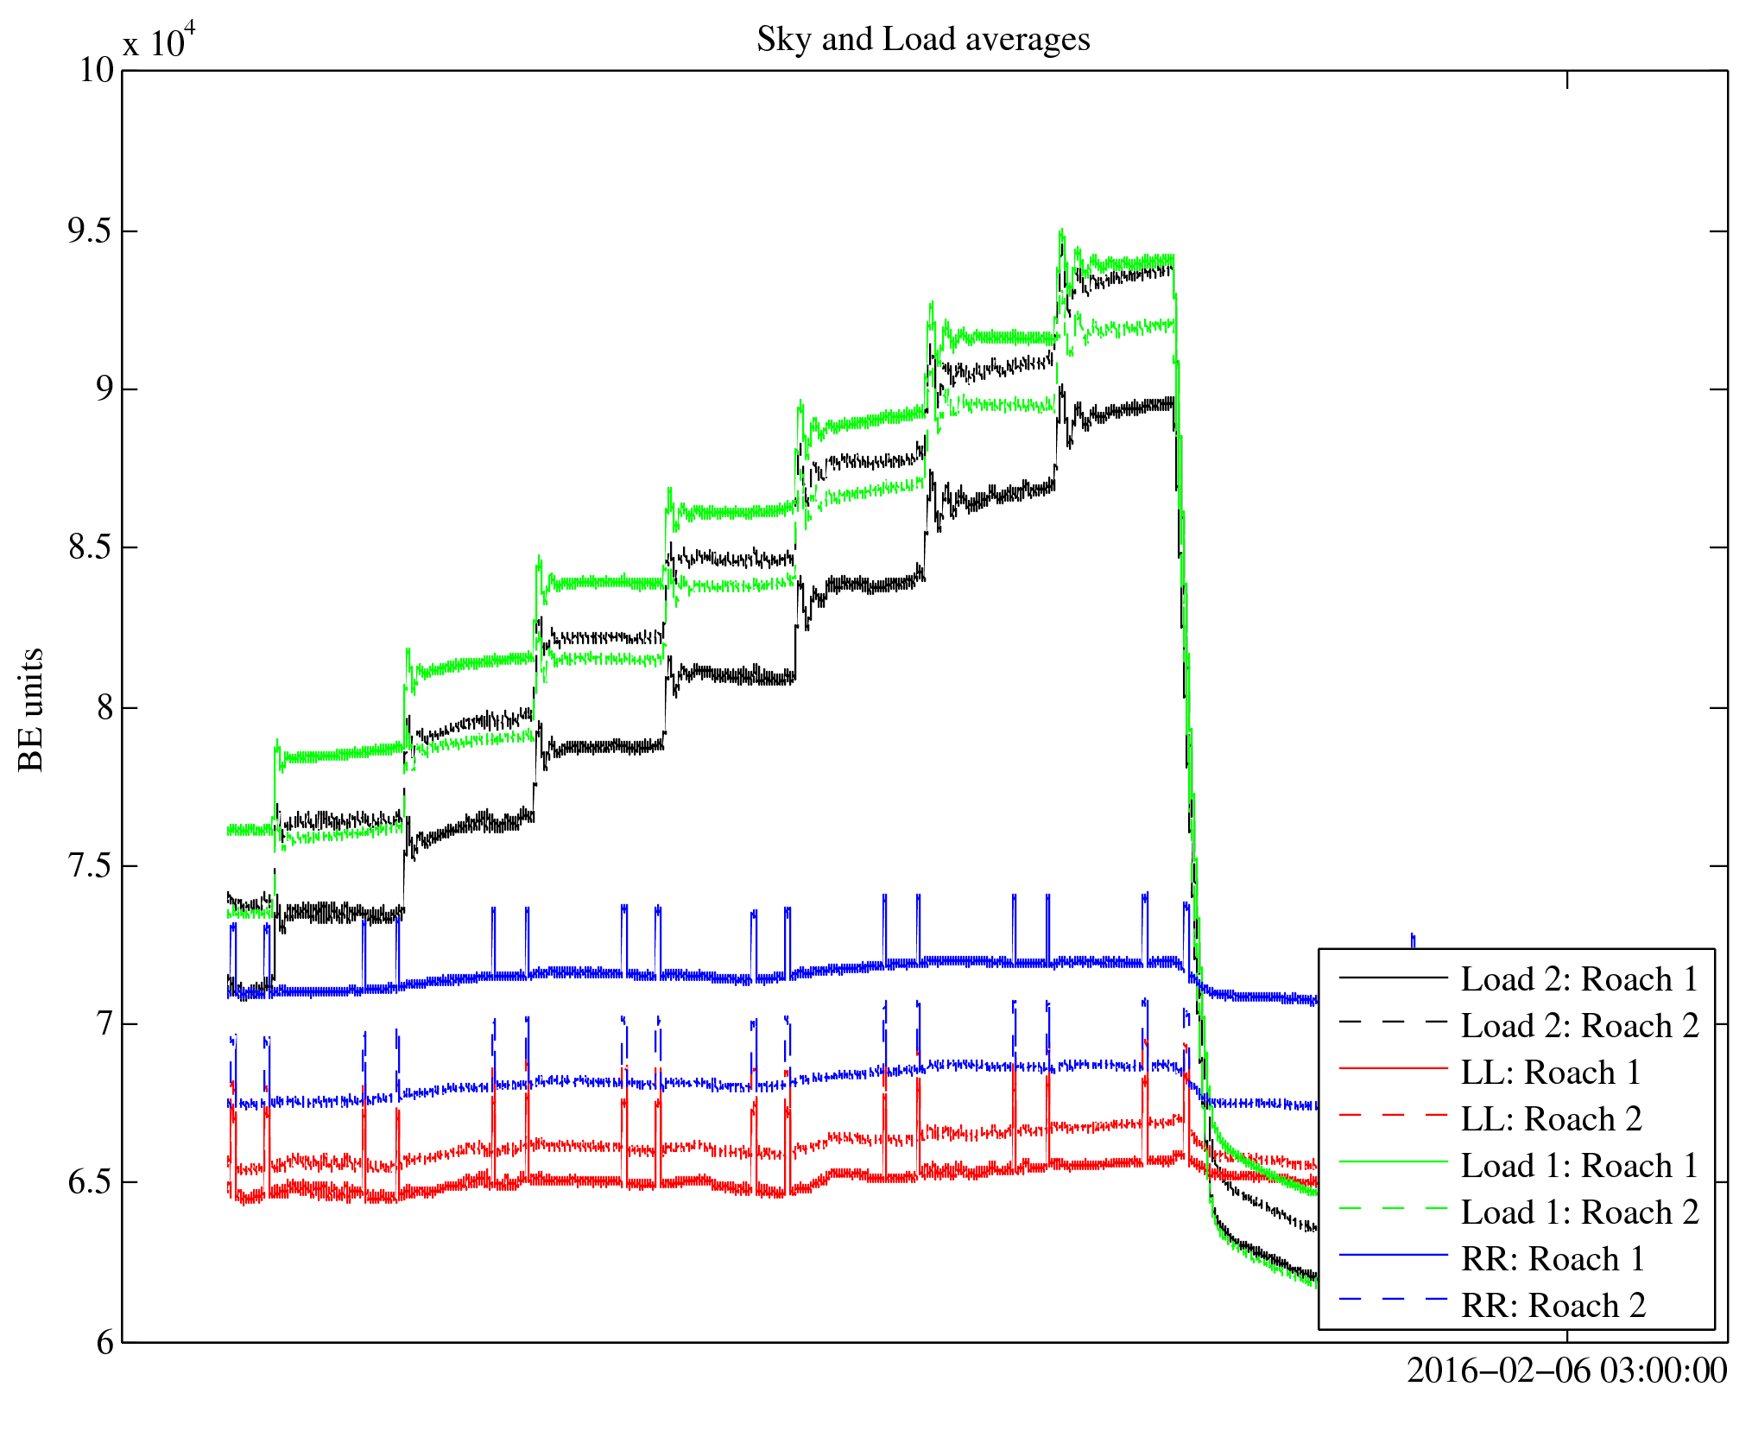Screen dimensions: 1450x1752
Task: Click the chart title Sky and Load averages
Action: click(x=923, y=40)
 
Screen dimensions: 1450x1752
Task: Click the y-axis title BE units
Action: click(x=31, y=708)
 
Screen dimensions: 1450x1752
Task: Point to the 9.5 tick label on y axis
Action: click(x=91, y=231)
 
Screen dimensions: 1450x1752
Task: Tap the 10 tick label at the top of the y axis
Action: click(x=97, y=71)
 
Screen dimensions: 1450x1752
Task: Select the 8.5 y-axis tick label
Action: click(x=91, y=548)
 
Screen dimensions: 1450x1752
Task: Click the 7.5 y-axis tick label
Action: click(x=91, y=865)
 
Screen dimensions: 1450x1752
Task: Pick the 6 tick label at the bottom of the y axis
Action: click(x=104, y=1342)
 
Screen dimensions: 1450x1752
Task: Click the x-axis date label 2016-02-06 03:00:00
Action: click(x=1566, y=1371)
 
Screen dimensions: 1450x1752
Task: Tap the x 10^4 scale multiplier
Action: click(x=160, y=40)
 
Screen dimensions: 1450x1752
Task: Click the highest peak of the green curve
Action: click(x=1061, y=231)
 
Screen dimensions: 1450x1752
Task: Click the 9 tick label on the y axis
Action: click(x=104, y=389)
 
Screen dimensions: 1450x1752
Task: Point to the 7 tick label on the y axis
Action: click(x=104, y=1024)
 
